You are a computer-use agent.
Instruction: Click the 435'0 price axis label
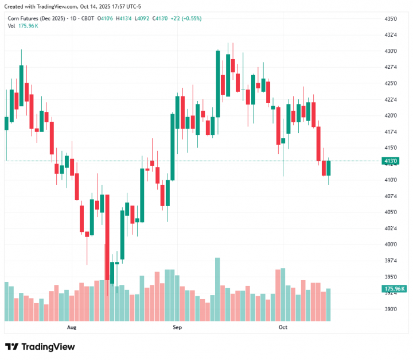(391, 19)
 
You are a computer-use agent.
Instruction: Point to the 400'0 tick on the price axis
(391, 245)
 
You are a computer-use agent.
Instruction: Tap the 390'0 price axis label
(391, 309)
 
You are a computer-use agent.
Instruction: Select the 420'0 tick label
(391, 115)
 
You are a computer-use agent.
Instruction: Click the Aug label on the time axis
(72, 327)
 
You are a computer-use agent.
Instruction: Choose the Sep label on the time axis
(177, 327)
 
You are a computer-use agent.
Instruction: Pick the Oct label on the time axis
(283, 327)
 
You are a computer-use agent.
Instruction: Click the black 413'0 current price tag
(391, 161)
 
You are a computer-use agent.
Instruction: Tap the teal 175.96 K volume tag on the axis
(395, 288)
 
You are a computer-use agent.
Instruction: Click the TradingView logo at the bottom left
(40, 347)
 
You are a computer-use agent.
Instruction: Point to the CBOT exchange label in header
(88, 18)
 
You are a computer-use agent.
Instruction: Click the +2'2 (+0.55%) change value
(186, 18)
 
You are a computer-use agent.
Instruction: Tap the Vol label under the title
(11, 26)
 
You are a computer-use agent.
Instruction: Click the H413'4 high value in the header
(124, 18)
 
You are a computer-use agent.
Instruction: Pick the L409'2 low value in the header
(142, 18)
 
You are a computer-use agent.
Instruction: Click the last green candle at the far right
(329, 168)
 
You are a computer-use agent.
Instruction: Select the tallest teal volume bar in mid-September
(217, 289)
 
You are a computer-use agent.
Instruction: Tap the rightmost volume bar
(329, 304)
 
